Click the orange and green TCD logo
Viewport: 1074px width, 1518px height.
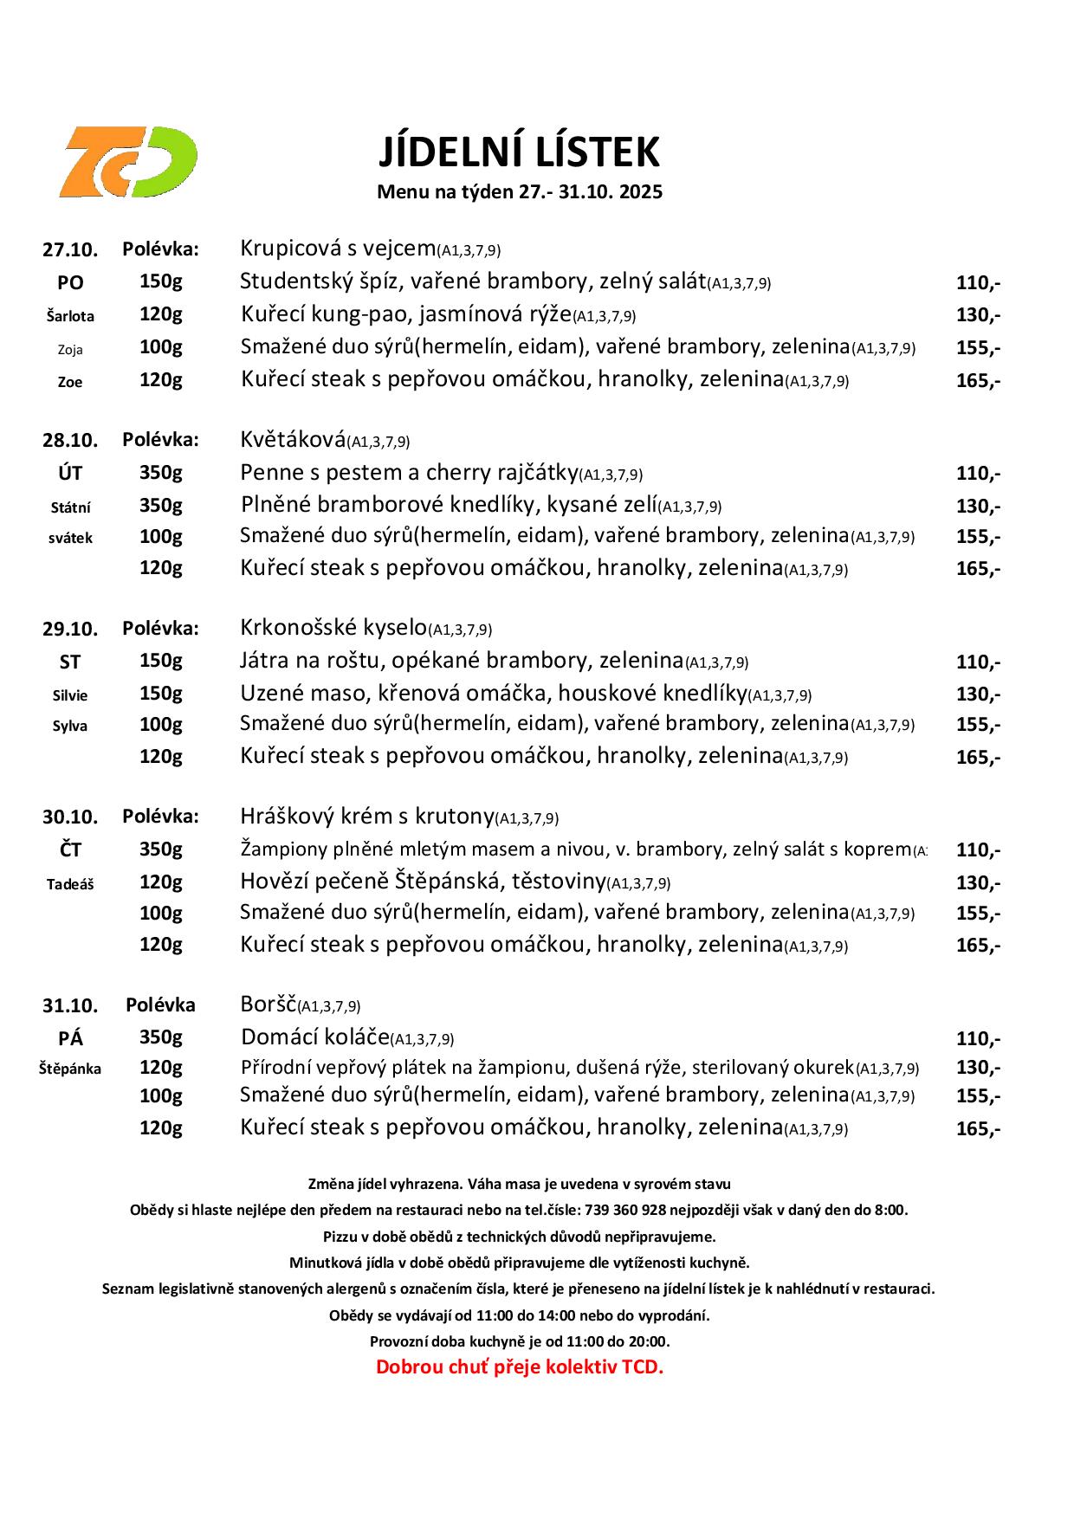coord(128,162)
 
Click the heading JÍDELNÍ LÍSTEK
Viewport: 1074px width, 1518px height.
coord(519,152)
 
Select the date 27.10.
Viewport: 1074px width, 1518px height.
coord(70,250)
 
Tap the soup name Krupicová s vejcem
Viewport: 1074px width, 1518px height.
coord(338,249)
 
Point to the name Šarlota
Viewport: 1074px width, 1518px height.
coord(70,316)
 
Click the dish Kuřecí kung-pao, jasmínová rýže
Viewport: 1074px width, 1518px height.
coord(405,314)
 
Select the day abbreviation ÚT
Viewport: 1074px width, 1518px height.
coord(70,473)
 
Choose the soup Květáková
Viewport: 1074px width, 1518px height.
coord(293,440)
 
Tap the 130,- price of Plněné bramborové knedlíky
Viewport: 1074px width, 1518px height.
coord(978,506)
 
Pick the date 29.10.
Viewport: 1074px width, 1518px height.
coord(70,629)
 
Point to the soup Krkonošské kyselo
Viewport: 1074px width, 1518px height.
coord(333,628)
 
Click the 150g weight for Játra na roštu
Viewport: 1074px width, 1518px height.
coord(161,661)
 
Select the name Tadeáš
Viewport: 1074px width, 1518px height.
coord(70,884)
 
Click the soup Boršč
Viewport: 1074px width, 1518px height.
coord(268,1004)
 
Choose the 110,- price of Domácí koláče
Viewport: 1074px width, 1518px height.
coord(978,1038)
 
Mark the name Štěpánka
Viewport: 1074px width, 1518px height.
coord(70,1069)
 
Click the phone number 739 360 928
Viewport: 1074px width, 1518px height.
coord(625,1210)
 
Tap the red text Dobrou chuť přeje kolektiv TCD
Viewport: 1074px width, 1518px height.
coord(519,1367)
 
